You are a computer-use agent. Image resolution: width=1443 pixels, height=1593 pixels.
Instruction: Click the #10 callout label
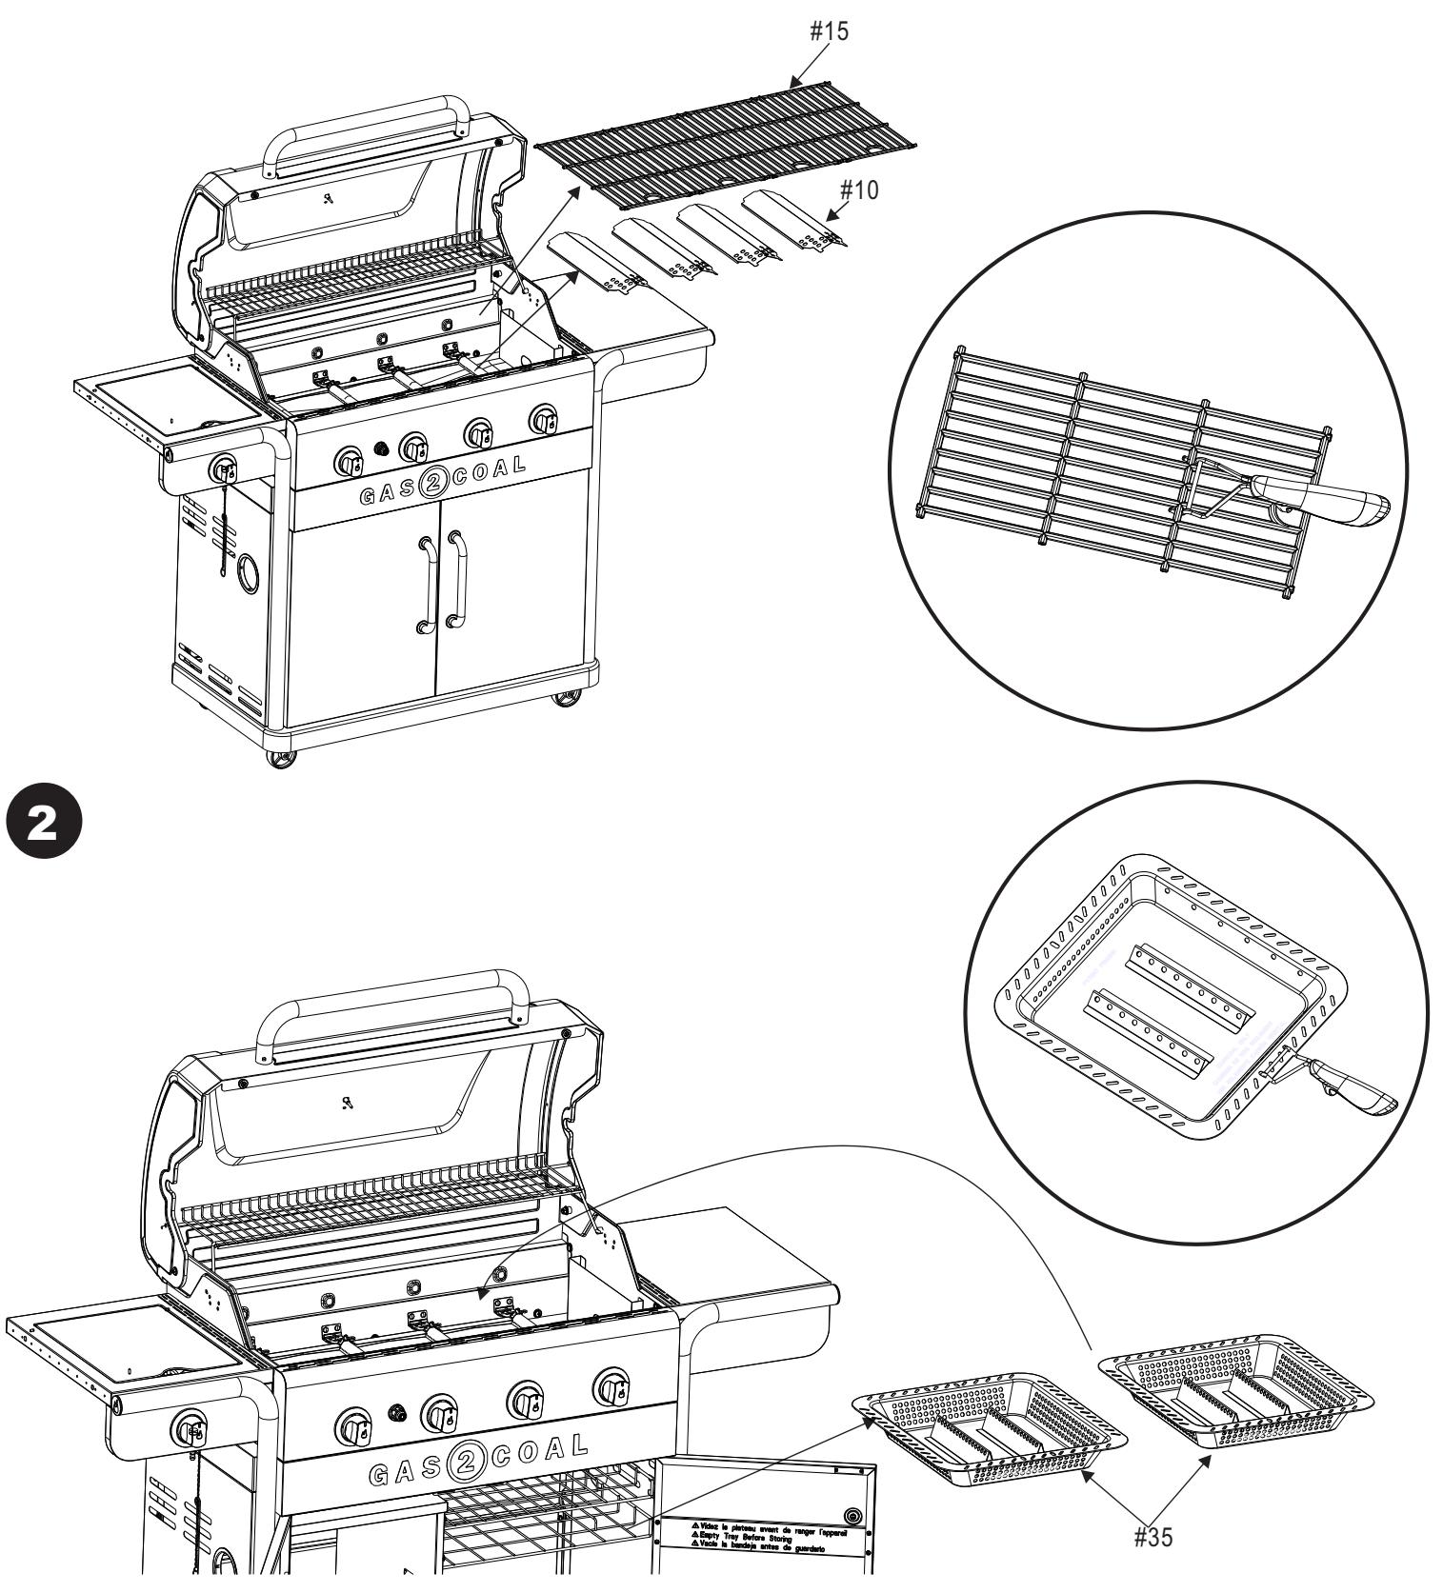[858, 190]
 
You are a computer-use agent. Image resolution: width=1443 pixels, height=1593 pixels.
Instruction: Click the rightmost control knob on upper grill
[544, 419]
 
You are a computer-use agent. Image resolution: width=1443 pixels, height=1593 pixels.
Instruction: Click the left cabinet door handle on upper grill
[427, 583]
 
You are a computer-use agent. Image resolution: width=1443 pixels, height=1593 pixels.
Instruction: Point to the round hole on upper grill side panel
[248, 572]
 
